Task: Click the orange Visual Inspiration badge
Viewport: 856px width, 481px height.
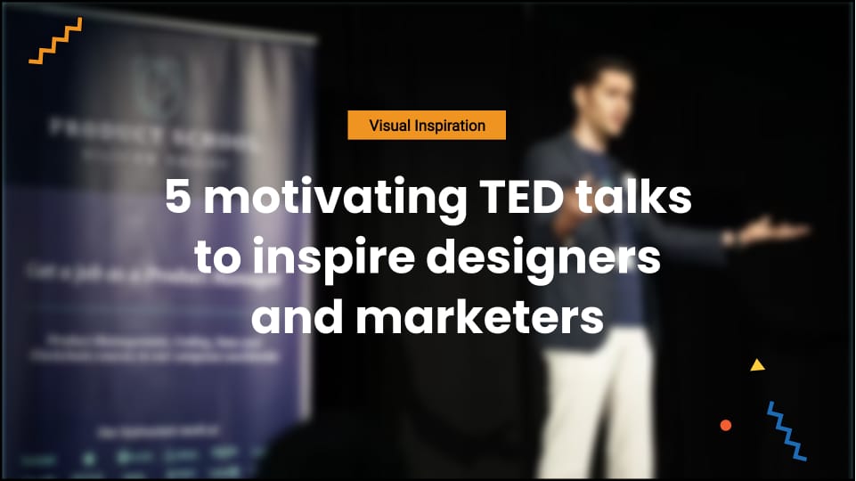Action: [x=427, y=126]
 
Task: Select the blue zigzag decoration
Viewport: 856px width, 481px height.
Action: [x=787, y=431]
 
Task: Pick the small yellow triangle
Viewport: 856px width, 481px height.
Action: [x=757, y=365]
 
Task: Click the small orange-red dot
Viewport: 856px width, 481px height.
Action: [x=726, y=425]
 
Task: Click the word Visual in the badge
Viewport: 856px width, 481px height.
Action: [x=389, y=126]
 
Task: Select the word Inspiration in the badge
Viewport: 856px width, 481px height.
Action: [x=449, y=126]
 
